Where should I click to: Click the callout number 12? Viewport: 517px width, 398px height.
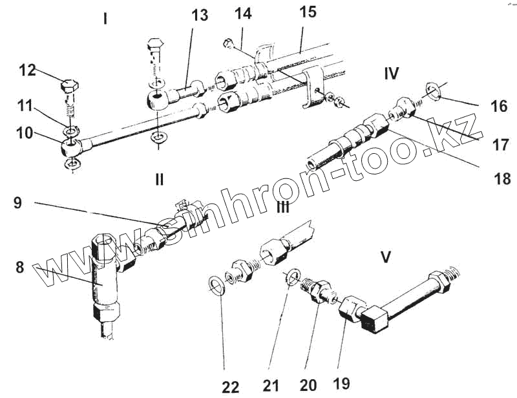tap(27, 70)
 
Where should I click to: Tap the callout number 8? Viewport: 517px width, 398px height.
tap(20, 266)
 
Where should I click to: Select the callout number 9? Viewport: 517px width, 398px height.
tap(17, 202)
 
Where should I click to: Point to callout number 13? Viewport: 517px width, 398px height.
tap(200, 16)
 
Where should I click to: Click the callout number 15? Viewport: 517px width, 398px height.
tap(308, 12)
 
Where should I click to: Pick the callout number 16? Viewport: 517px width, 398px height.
tap(498, 105)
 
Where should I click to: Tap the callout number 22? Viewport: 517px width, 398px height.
tap(230, 386)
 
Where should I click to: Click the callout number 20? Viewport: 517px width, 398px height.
tap(308, 385)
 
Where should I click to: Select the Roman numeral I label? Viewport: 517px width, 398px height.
tap(105, 19)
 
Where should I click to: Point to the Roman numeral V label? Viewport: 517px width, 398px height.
tap(386, 257)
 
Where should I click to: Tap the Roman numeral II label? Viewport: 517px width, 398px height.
tap(159, 179)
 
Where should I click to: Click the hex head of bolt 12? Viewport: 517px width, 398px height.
tap(69, 85)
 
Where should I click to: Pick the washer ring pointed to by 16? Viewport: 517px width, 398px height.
tap(434, 92)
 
